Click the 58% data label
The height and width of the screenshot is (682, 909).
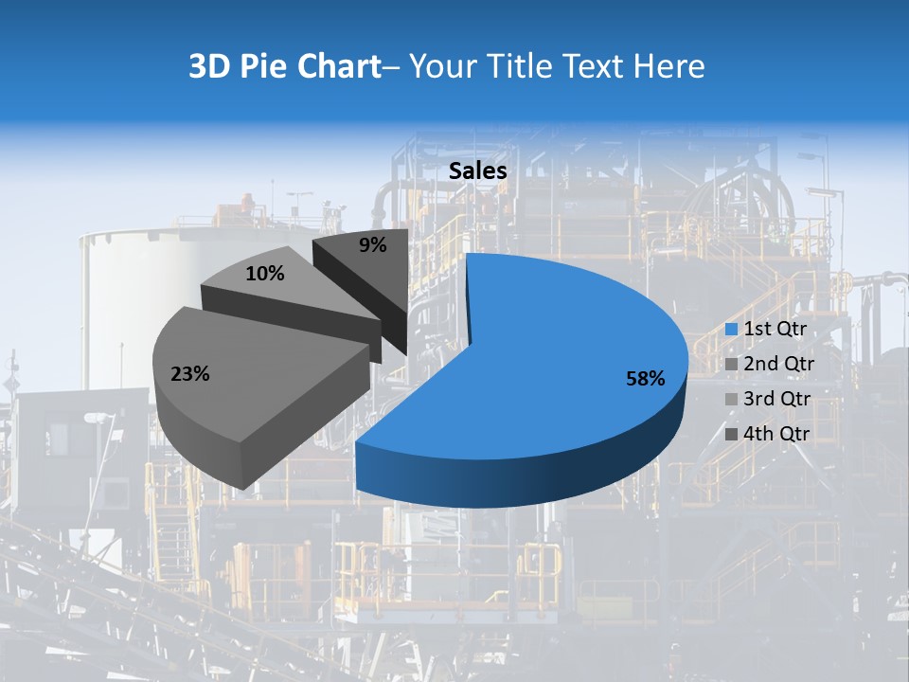(646, 379)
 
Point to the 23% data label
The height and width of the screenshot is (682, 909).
(189, 374)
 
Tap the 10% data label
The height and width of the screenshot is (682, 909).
(264, 274)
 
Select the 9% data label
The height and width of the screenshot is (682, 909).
(373, 245)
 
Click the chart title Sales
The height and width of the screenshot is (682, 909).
(477, 171)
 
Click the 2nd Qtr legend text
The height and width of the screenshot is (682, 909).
(779, 364)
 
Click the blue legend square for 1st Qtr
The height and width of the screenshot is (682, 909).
(731, 330)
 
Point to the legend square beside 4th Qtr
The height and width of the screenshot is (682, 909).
(731, 435)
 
